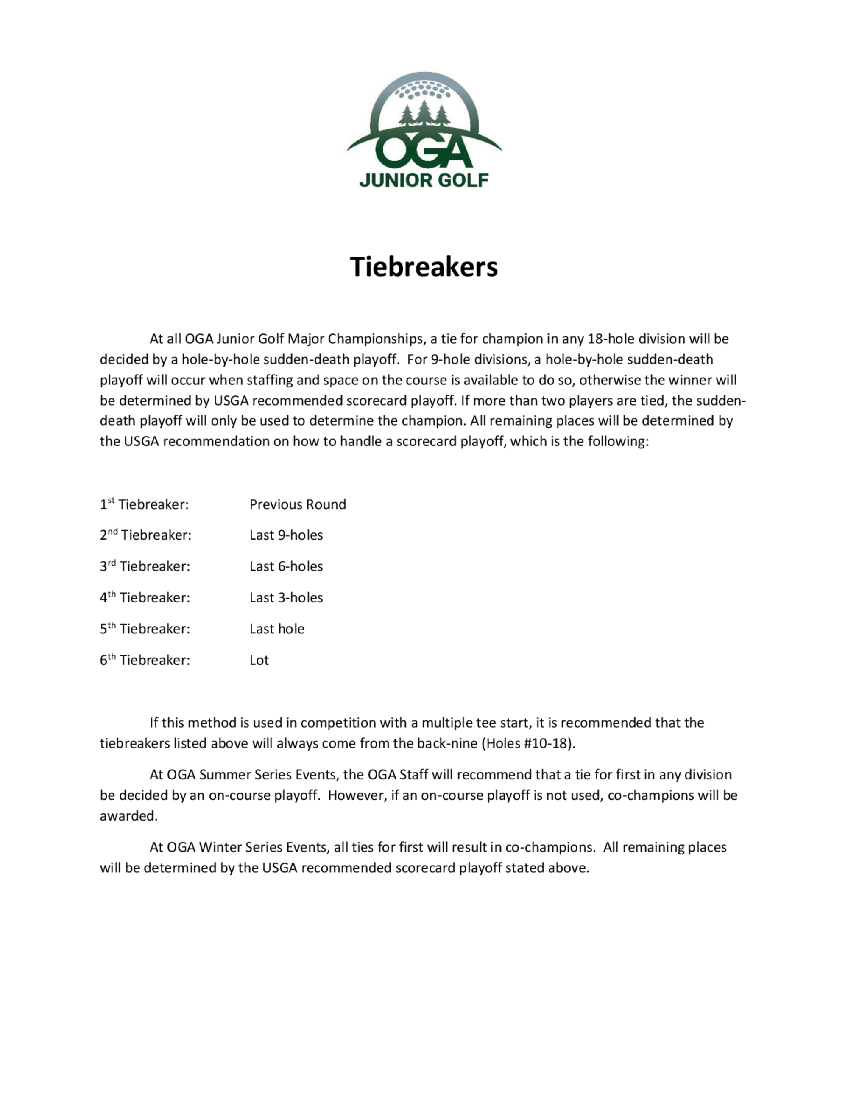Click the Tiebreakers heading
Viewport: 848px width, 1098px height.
pos(424,267)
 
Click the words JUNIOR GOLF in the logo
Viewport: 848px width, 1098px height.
pos(424,180)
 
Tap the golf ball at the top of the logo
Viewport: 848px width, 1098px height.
pos(423,90)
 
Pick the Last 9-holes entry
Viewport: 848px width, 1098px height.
pos(286,535)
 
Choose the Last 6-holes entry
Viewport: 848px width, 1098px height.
pos(286,566)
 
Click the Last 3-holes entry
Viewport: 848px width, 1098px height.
pos(286,598)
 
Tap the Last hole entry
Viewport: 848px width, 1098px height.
pos(277,629)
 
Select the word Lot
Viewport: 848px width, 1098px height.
pos(259,660)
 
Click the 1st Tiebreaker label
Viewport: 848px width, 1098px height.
pos(144,505)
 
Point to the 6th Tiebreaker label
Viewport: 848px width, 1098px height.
pos(145,660)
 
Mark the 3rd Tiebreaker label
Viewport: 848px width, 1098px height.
pos(145,566)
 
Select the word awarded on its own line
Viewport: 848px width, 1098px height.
pos(128,816)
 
